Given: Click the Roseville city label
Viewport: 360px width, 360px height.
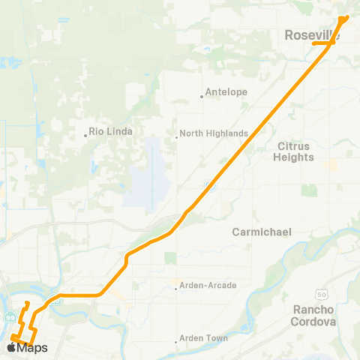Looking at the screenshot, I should click(x=312, y=34).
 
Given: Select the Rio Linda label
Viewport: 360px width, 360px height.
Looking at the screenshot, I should click(x=111, y=131).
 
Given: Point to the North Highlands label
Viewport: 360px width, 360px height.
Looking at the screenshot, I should click(x=214, y=133).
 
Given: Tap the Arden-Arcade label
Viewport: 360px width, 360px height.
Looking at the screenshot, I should click(x=208, y=286).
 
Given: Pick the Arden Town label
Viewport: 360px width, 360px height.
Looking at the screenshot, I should click(x=204, y=338).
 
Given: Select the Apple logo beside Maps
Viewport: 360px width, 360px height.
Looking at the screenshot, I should click(x=11, y=347).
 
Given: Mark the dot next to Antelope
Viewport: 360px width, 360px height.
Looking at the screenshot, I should click(x=202, y=95).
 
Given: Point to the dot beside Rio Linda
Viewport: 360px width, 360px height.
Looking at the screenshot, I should click(x=86, y=136).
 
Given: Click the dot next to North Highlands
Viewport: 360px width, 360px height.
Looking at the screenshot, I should click(x=177, y=136).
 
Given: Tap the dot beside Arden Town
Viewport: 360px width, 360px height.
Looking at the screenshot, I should click(x=177, y=339).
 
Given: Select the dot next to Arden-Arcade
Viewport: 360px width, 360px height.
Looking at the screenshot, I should click(x=177, y=286).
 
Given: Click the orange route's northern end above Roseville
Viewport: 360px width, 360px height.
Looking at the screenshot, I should click(x=344, y=17).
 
